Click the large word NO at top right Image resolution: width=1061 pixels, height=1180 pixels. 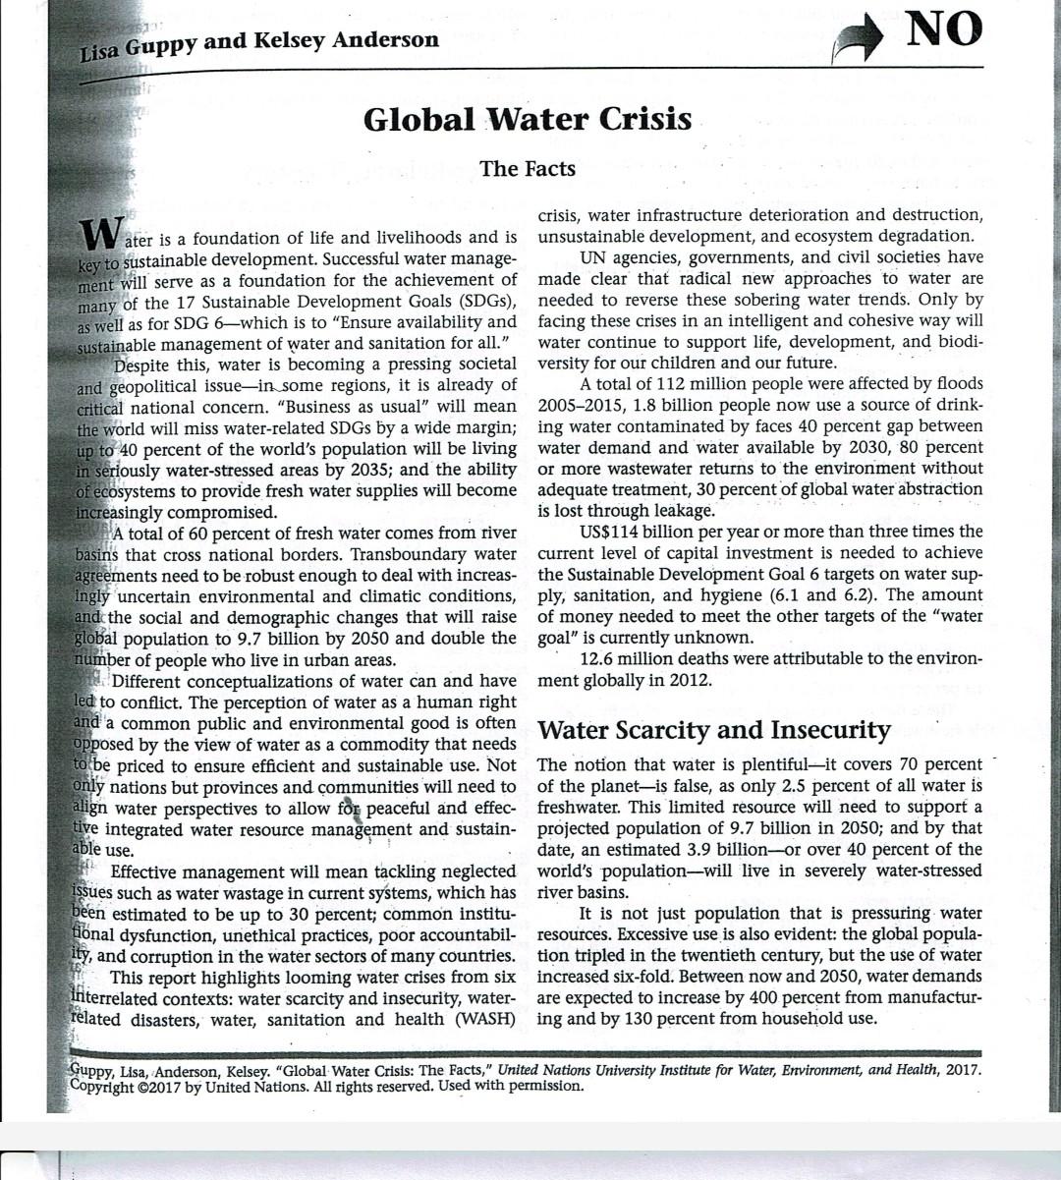point(943,28)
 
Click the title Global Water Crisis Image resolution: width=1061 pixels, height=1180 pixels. point(528,120)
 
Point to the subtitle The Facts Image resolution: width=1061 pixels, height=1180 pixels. point(528,168)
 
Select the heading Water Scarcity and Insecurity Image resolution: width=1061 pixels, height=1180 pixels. point(714,730)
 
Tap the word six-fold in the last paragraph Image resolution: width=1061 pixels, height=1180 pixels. point(639,976)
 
